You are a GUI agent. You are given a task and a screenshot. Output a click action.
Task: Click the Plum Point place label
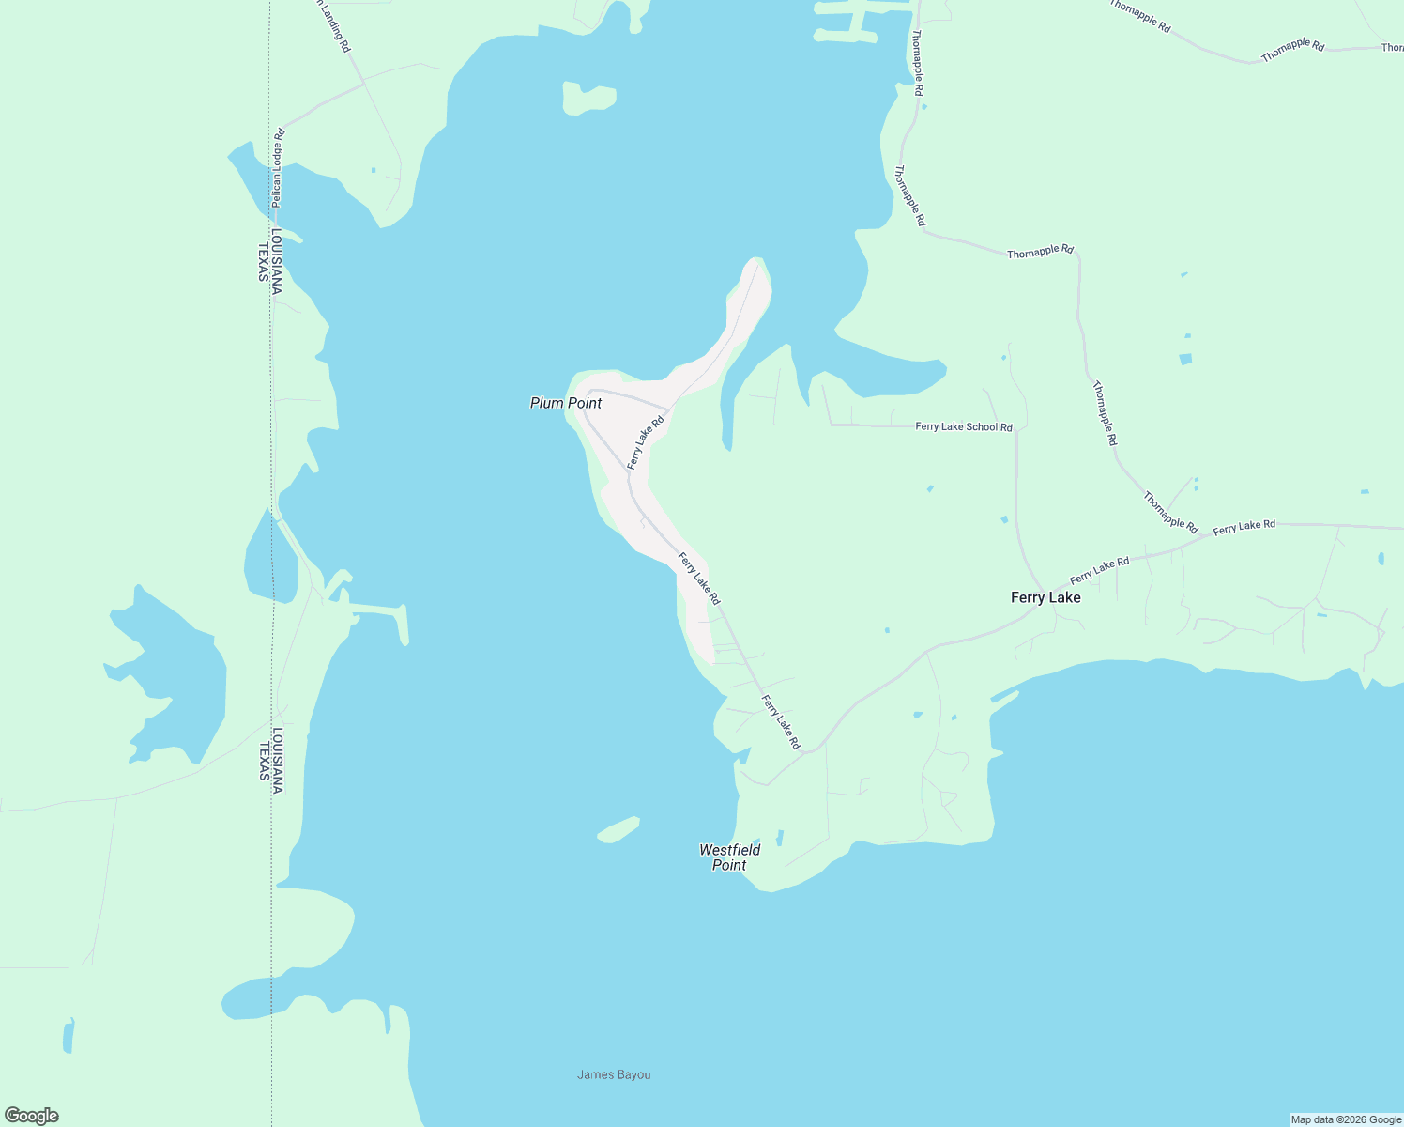point(565,403)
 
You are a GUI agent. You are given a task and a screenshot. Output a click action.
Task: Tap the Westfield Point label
point(729,857)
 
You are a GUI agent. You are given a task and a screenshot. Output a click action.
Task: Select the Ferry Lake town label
point(1045,597)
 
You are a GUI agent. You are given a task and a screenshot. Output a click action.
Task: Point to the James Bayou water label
point(614,1074)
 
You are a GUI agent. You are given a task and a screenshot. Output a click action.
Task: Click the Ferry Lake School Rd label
point(964,426)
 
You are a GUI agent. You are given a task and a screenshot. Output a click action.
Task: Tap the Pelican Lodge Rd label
point(277,167)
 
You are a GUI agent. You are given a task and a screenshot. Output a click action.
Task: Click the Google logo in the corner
point(31,1116)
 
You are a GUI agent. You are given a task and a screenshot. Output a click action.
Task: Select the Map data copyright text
point(1346,1119)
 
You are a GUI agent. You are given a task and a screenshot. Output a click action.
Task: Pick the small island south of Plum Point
point(618,830)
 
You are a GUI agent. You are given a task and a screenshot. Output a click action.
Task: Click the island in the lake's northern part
point(588,98)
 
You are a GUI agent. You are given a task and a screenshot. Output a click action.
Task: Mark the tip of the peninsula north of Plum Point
point(756,262)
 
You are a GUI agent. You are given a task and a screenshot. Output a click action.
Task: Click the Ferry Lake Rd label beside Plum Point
point(646,441)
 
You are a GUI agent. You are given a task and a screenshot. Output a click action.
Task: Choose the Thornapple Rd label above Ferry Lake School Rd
point(1040,252)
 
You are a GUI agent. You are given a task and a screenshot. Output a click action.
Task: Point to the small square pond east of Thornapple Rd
point(1185,359)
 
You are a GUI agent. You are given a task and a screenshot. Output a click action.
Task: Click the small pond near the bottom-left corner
point(68,1036)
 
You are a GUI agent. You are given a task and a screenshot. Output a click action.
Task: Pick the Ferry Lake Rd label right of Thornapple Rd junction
point(1244,526)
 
